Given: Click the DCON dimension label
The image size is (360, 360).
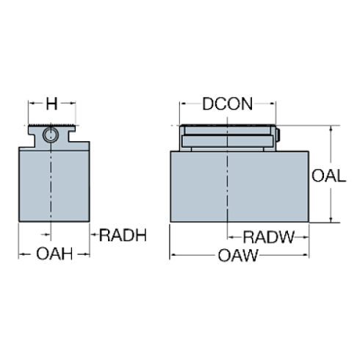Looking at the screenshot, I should [x=227, y=104].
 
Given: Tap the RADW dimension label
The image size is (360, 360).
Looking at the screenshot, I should [x=268, y=237].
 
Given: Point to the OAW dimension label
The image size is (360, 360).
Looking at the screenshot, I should [x=238, y=256].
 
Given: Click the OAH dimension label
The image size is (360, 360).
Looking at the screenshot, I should [x=54, y=254].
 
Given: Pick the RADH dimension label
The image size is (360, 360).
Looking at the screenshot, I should [x=123, y=237].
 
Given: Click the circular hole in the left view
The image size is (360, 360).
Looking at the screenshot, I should [x=51, y=134].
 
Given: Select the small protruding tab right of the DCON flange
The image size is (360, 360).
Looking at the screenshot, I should [x=279, y=134].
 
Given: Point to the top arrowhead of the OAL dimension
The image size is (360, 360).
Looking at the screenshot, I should [x=330, y=129].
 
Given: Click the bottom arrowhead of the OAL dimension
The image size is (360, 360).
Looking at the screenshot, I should [x=330, y=218].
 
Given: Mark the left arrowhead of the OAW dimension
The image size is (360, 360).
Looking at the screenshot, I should [x=173, y=256].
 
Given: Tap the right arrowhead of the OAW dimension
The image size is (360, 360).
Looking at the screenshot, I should [x=305, y=256].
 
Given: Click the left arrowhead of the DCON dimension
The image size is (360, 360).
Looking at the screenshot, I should [x=181, y=105].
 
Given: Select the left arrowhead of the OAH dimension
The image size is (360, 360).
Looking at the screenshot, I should [x=21, y=254].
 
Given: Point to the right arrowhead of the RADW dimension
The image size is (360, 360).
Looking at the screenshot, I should [x=304, y=237].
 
